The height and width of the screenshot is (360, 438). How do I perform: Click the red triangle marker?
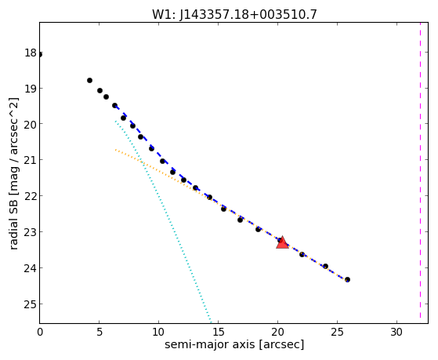[x=282, y=243]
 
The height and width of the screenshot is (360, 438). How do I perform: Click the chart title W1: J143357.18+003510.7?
[x=234, y=14]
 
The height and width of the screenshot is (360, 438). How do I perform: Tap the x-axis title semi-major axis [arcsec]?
[x=234, y=344]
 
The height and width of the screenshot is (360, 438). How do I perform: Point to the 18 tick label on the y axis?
[x=31, y=53]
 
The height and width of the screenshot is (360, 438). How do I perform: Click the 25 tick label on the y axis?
[x=31, y=304]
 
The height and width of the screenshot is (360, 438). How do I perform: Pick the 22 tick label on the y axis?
[x=31, y=196]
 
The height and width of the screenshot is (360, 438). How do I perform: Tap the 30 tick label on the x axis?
[x=396, y=332]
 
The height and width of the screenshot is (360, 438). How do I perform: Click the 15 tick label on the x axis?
[x=218, y=332]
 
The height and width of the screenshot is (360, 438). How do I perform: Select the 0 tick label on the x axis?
[x=40, y=332]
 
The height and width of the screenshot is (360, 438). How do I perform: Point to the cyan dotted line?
[x=164, y=221]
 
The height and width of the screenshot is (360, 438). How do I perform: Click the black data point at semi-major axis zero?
[x=40, y=54]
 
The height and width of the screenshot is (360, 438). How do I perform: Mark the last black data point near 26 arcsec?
[x=347, y=279]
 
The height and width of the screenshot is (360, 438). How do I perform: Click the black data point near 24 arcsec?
[x=325, y=266]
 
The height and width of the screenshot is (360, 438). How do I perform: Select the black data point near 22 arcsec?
[x=302, y=254]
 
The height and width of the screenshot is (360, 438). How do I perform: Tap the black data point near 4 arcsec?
[x=89, y=80]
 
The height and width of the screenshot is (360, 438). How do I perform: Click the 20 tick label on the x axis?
[x=277, y=332]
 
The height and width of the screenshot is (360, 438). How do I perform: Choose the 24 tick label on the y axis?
[x=31, y=268]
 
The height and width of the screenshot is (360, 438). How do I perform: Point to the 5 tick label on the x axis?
[x=100, y=332]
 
